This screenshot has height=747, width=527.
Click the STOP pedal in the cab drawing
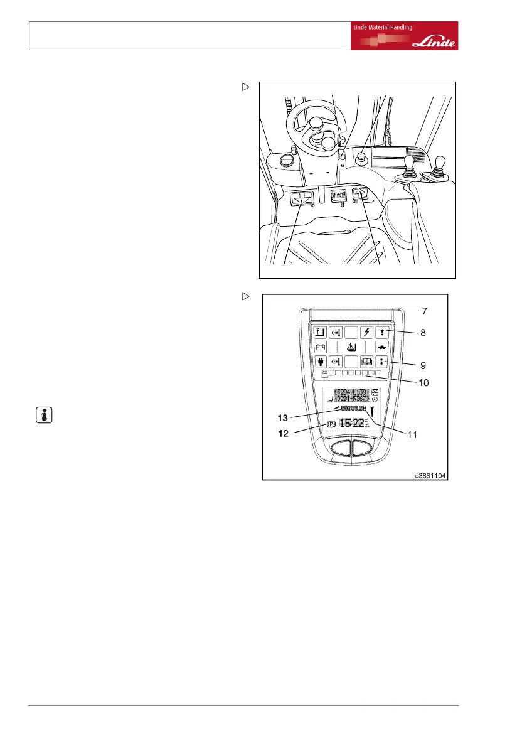coord(339,195)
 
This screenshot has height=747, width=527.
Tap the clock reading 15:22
coord(352,425)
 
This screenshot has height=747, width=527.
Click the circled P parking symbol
coord(329,425)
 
